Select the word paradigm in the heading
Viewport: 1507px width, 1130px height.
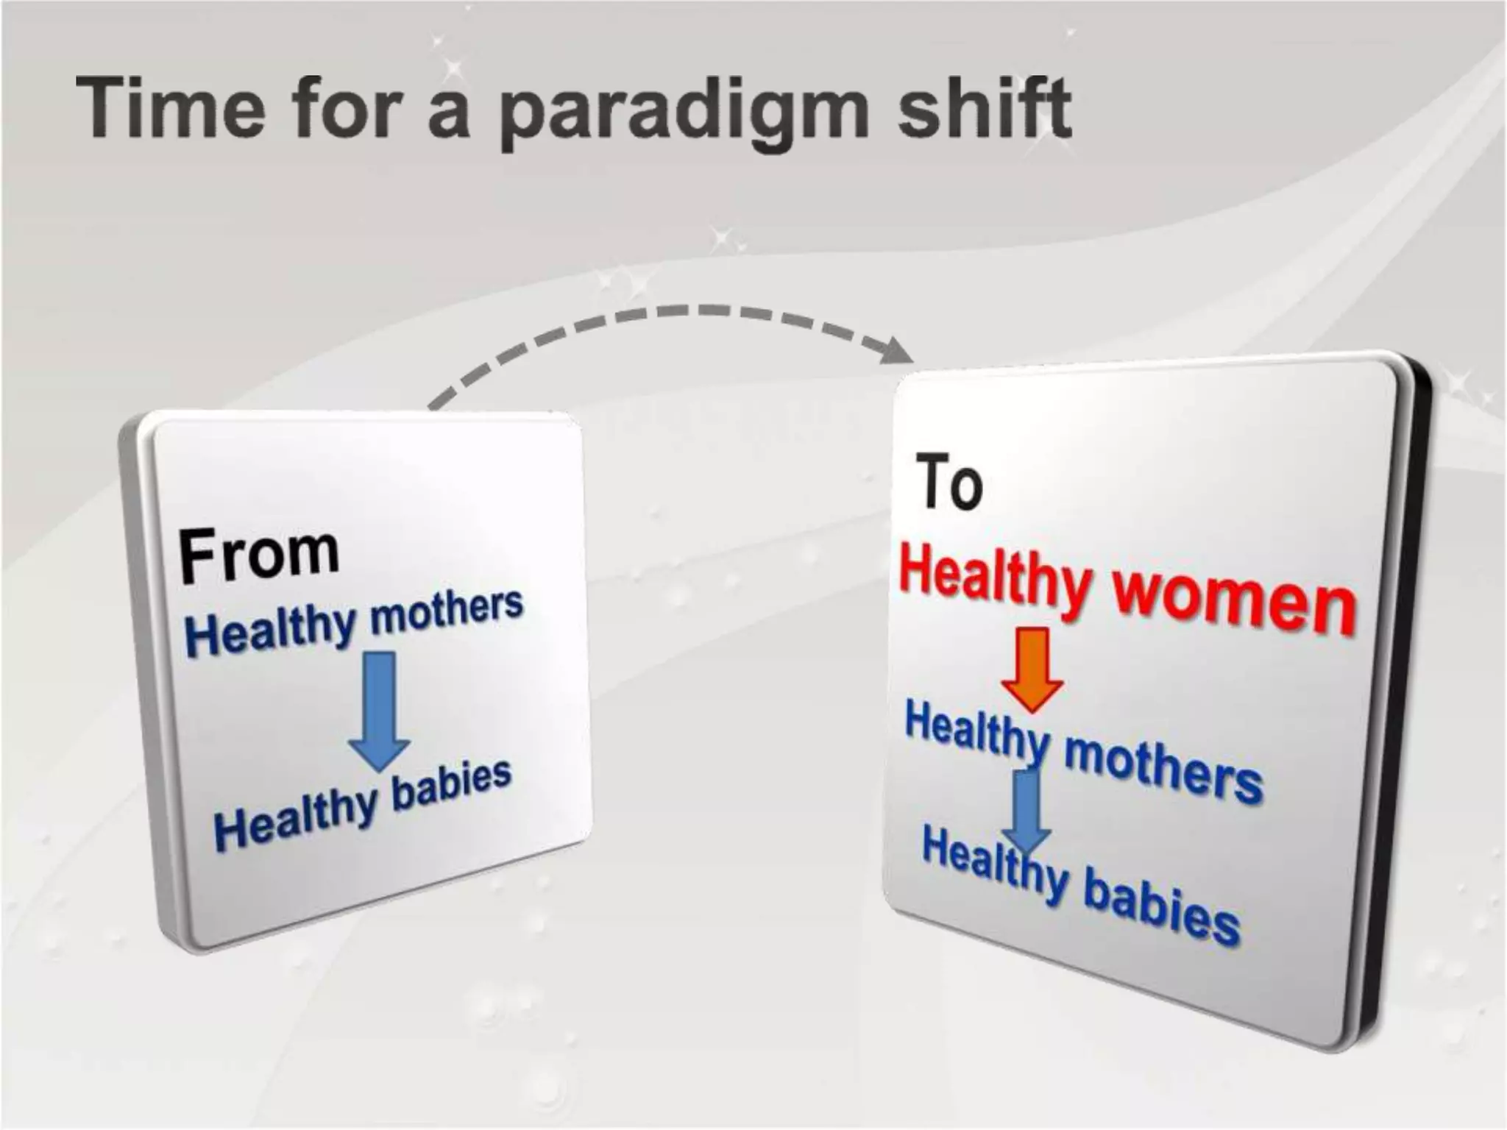point(684,114)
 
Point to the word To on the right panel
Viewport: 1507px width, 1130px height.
point(949,483)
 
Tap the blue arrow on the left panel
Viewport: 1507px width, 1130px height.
point(380,710)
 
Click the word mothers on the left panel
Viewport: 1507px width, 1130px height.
point(447,614)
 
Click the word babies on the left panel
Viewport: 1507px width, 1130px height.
point(451,787)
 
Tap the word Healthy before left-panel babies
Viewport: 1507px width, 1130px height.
point(294,820)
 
